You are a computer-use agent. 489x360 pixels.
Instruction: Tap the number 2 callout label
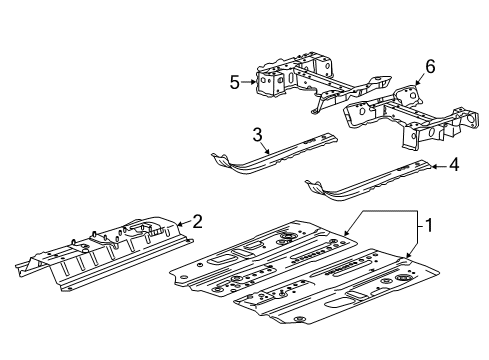tap(197, 222)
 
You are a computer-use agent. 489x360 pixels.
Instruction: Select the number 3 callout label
tap(257, 133)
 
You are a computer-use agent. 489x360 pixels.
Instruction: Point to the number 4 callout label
tap(456, 165)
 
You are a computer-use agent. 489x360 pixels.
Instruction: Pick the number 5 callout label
tap(234, 83)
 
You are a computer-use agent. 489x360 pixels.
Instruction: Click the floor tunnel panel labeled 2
tap(100, 250)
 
